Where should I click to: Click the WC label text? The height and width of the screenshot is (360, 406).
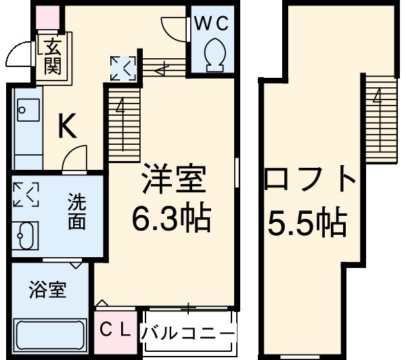212,23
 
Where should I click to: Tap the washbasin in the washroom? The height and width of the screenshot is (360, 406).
26,237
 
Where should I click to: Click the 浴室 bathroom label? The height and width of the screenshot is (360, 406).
48,291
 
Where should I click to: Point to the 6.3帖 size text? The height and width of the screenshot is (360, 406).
172,217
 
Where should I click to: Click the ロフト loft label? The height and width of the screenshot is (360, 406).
311,181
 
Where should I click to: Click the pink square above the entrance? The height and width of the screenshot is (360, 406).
47,17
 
